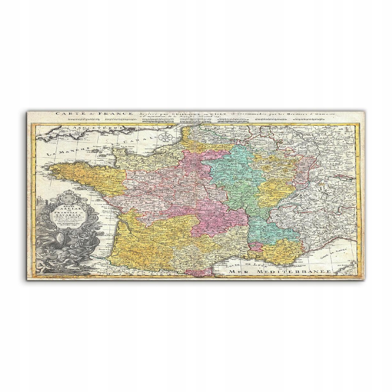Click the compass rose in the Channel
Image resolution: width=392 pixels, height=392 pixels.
coord(165,137)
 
